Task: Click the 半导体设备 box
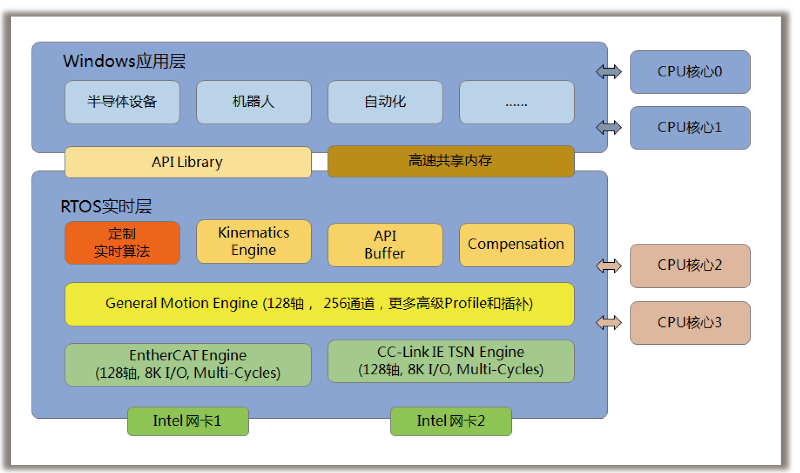point(122,102)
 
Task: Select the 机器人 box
point(254,102)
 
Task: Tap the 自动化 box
point(385,102)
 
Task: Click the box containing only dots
point(517,102)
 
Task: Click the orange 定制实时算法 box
point(122,243)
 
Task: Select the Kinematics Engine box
point(254,242)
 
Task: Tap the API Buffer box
point(385,245)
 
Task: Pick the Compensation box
point(517,245)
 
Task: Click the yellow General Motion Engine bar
point(320,304)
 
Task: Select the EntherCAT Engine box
point(188,365)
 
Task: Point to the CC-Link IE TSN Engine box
point(451,361)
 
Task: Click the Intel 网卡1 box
point(188,421)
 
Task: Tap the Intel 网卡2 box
point(451,421)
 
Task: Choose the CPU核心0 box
point(690,72)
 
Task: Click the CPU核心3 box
point(690,323)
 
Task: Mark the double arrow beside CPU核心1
point(609,128)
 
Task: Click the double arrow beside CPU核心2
point(609,266)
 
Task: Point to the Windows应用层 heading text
point(124,61)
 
